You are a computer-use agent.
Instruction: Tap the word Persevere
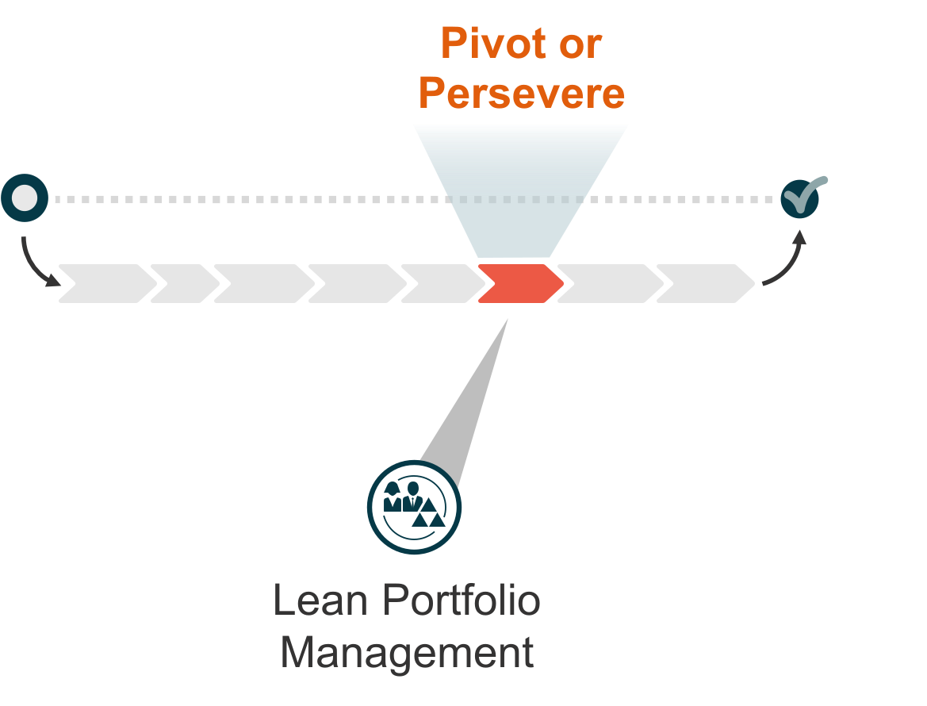(521, 94)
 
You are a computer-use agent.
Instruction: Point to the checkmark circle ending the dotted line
(799, 198)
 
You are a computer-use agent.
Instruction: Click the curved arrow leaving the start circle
(36, 262)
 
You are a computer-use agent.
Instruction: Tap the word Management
(407, 653)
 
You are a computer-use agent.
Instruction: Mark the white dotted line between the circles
(238, 199)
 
